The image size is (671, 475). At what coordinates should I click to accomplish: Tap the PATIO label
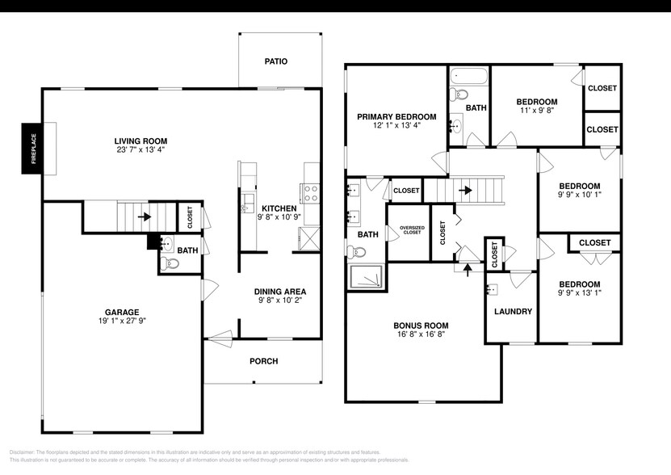[276, 61]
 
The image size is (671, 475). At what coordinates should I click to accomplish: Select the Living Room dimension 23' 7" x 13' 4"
[139, 149]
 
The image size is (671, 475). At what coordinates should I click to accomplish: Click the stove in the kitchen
[312, 192]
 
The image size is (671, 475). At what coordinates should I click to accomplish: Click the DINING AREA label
[279, 292]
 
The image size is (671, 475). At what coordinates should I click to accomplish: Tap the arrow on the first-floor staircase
[144, 216]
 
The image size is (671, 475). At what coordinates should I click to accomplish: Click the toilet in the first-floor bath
[167, 263]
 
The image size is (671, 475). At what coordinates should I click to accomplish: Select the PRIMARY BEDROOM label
[396, 116]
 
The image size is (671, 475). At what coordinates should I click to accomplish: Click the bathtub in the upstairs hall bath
[468, 78]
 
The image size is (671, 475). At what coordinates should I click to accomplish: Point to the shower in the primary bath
[367, 275]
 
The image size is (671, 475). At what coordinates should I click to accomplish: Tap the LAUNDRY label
[512, 311]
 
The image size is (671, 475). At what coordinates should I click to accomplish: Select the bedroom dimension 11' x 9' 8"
[536, 112]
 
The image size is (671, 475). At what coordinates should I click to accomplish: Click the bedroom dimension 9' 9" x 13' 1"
[580, 294]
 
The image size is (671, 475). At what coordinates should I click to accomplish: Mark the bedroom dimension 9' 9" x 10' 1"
[580, 195]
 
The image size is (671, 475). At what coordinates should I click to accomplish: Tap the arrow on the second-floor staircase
[466, 191]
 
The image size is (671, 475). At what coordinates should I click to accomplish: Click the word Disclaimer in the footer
[24, 452]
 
